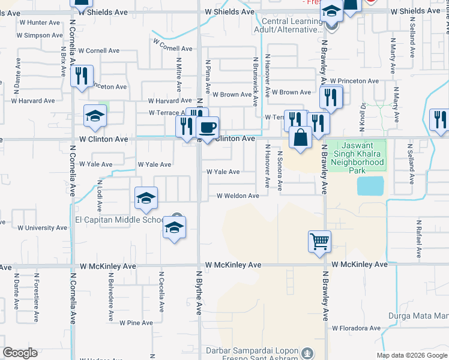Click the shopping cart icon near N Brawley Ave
point(319,242)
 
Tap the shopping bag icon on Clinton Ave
point(300,137)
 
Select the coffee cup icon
point(208,127)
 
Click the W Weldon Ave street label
point(238,196)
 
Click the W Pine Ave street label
point(136,323)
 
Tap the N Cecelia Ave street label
point(161,291)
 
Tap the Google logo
point(20,353)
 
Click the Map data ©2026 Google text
point(411,355)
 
